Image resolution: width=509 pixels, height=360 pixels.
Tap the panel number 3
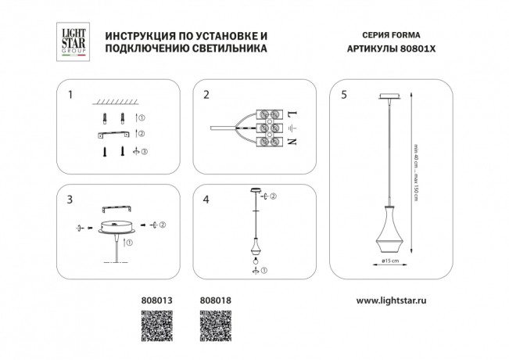click(70, 200)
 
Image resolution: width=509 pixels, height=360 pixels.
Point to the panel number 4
click(206, 200)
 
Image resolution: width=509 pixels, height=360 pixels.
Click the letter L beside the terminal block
click(292, 113)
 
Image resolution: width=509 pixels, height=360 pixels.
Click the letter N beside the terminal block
click(292, 142)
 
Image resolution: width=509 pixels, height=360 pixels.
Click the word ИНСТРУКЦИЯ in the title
click(135, 36)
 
